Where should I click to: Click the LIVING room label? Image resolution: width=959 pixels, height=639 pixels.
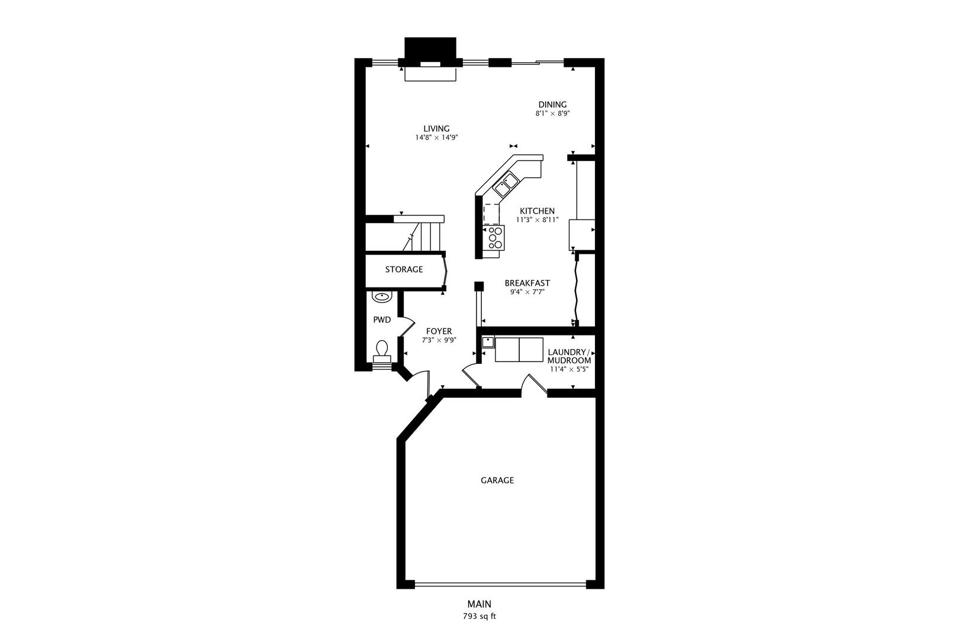tap(436, 128)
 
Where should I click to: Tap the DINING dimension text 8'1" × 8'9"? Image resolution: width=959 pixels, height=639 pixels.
tap(552, 114)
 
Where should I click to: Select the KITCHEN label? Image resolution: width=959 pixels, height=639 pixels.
tap(537, 211)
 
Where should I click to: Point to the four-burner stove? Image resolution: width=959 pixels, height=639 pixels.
tap(494, 238)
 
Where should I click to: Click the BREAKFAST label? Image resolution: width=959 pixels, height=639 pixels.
tap(527, 283)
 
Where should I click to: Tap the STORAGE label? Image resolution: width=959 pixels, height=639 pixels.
tap(404, 269)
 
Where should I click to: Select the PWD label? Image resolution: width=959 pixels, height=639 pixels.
tap(382, 320)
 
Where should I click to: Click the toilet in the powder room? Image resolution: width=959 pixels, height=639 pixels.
tap(382, 350)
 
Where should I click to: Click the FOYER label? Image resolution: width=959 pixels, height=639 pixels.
tap(439, 331)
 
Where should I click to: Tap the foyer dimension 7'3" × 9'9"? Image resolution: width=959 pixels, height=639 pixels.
tap(439, 340)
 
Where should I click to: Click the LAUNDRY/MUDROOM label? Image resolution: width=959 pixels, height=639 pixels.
tap(569, 356)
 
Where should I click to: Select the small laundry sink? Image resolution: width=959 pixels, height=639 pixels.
tap(488, 342)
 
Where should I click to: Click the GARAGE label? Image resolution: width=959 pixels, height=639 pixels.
tap(497, 480)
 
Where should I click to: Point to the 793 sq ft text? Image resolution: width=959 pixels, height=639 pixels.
tap(479, 616)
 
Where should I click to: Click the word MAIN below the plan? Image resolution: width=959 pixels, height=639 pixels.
tap(479, 604)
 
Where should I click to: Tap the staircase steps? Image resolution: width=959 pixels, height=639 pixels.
tap(423, 237)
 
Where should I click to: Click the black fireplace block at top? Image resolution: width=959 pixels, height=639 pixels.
tap(430, 47)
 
